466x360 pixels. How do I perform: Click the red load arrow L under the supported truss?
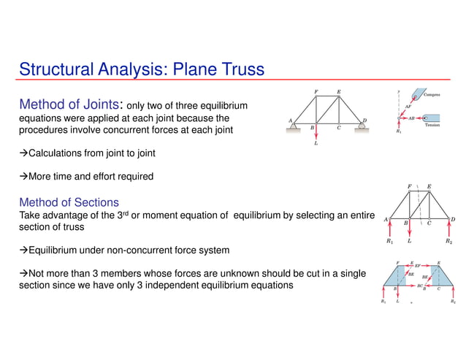pos(315,137)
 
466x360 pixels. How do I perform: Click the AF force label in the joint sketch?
pos(408,107)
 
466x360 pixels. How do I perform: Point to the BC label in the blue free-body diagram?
pos(420,286)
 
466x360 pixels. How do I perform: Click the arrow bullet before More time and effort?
pos(23,177)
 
